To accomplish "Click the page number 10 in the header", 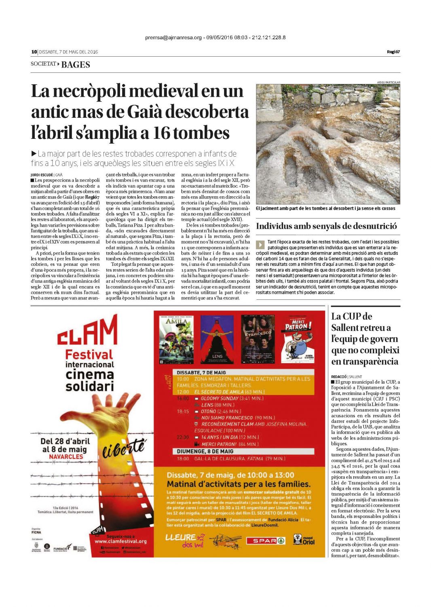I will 34,52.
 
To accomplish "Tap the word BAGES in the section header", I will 76,65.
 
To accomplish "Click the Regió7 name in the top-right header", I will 393,52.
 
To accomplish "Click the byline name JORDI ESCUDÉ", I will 42,175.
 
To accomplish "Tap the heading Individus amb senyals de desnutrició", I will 326,226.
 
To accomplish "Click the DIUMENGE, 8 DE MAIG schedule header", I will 205,451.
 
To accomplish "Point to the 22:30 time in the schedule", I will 183,437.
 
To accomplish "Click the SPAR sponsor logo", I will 266,541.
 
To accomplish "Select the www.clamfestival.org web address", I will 120,541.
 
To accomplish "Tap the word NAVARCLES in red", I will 66,456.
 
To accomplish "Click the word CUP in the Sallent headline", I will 351,316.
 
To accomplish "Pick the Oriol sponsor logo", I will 304,540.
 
